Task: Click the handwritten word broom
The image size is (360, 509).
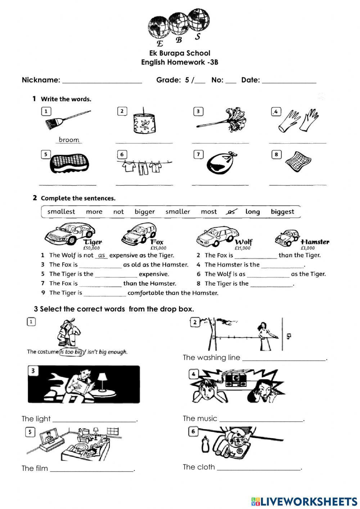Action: [x=69, y=140]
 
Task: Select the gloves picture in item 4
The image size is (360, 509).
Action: [x=298, y=120]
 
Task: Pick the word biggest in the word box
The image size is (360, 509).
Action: [x=282, y=212]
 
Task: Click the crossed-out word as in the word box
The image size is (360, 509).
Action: [x=231, y=212]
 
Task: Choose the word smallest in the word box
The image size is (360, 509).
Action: [x=61, y=212]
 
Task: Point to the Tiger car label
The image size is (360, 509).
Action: [x=93, y=242]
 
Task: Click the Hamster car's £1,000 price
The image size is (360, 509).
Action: [x=307, y=248]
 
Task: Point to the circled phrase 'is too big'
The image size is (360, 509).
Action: [x=71, y=352]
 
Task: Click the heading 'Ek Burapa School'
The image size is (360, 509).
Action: [x=180, y=53]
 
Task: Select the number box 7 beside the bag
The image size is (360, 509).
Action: [x=198, y=155]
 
